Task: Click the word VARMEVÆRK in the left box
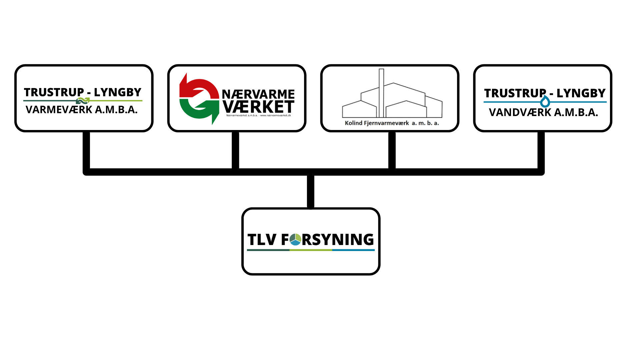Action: [59, 110]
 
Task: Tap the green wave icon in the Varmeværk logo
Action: [83, 101]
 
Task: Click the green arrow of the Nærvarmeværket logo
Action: [200, 110]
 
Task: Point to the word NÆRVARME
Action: [258, 94]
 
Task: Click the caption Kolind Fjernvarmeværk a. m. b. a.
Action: [392, 123]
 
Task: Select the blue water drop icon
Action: [545, 102]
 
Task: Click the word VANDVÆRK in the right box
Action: [520, 113]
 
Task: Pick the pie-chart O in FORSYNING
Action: [295, 239]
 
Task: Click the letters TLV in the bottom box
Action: [262, 240]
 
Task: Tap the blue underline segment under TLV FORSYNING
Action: [353, 250]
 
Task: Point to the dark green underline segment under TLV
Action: [268, 250]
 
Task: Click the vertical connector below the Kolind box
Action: [392, 150]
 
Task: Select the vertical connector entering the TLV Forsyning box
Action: [311, 192]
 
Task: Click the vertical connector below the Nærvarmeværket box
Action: [235, 150]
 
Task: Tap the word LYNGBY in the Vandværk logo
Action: [581, 93]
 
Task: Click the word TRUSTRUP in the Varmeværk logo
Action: [54, 92]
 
